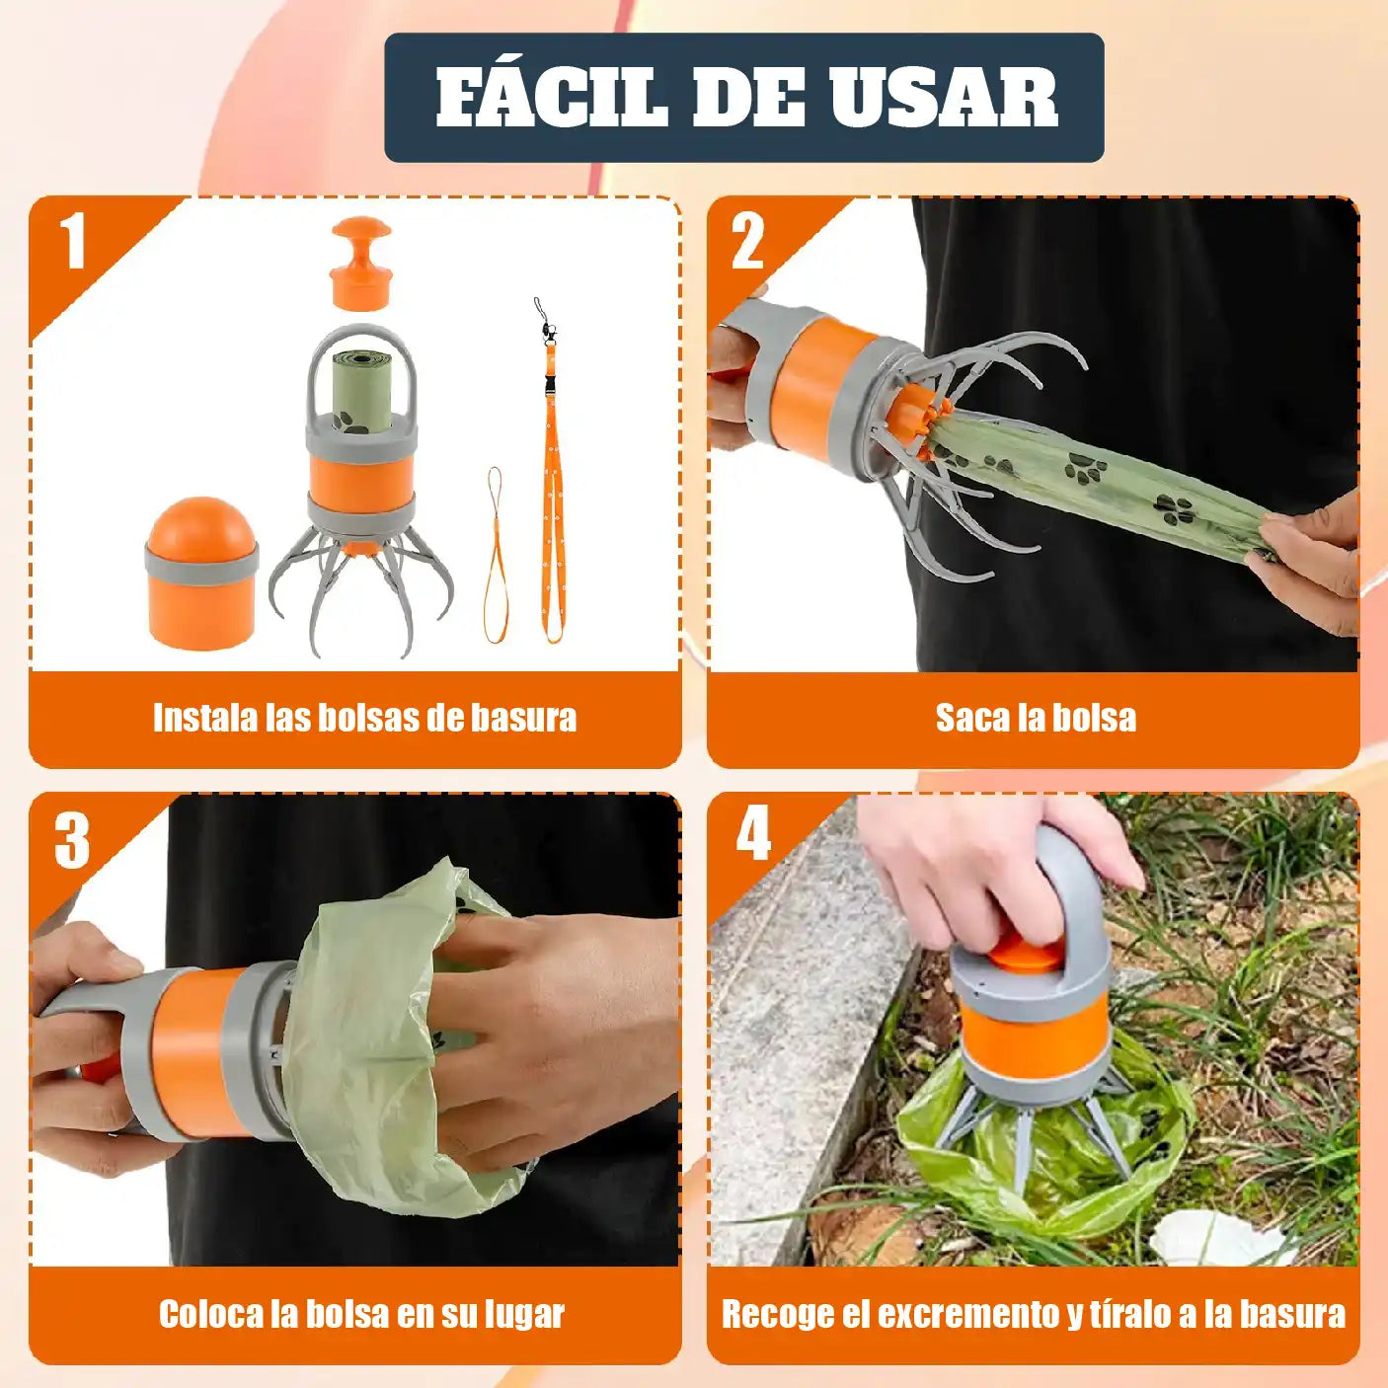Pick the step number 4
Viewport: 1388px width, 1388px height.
pyautogui.click(x=753, y=834)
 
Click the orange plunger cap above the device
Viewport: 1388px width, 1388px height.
pyautogui.click(x=360, y=263)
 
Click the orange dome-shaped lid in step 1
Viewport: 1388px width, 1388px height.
pyautogui.click(x=201, y=573)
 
